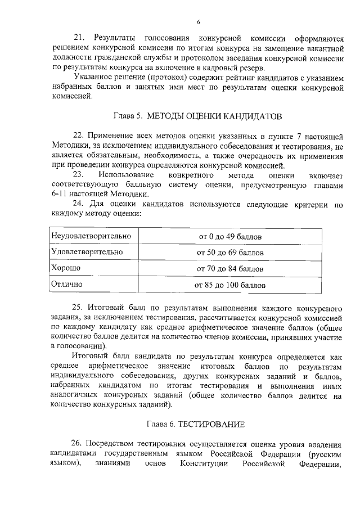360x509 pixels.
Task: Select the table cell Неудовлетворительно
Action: [91, 236]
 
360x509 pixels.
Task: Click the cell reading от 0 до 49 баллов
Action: [229, 236]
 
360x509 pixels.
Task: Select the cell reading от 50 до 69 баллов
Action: [229, 253]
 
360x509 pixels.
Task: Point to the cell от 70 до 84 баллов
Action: [229, 269]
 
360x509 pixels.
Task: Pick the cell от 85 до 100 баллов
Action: [229, 285]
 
